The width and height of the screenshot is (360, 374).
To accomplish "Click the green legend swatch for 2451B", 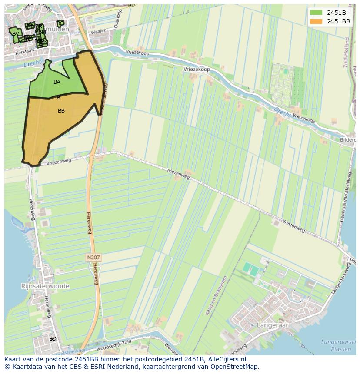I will point(317,13).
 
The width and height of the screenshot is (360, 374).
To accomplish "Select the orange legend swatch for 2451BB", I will point(317,21).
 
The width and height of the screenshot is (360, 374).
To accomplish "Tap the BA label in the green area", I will point(57,82).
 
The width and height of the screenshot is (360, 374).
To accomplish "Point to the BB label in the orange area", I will point(61,111).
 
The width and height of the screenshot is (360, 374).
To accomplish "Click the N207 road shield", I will point(93,258).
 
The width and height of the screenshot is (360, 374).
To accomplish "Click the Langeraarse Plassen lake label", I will point(338,345).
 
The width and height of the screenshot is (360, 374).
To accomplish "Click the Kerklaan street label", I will point(24,51).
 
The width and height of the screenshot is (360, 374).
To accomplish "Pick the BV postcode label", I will point(16,34).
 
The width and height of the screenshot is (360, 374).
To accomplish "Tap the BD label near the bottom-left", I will point(53,338).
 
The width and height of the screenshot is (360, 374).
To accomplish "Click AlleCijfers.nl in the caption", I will point(226,359).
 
